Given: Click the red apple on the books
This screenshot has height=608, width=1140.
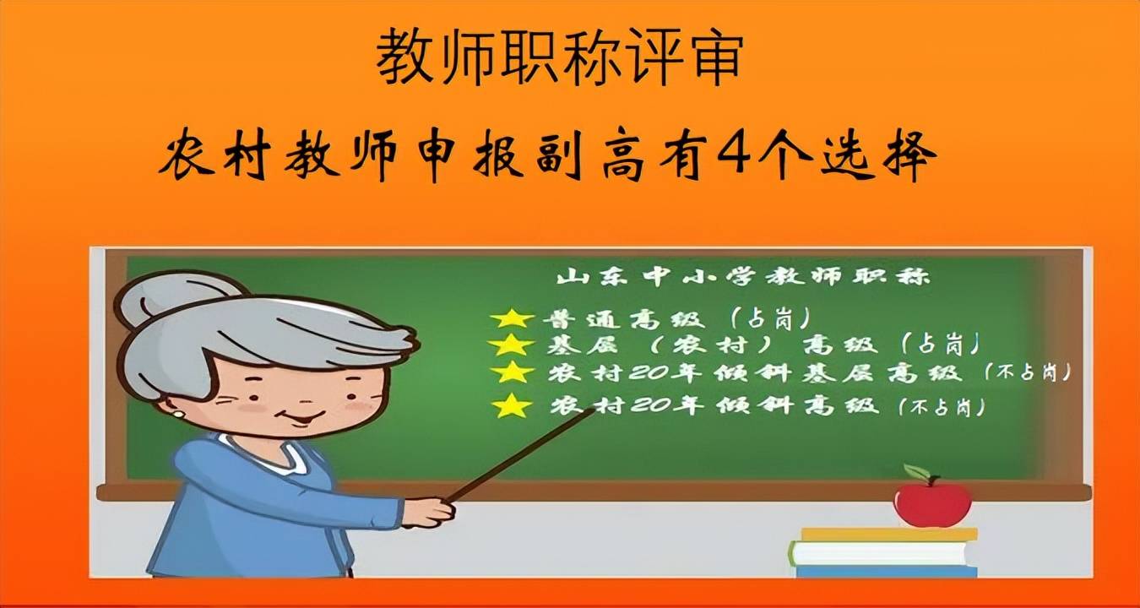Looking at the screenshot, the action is click(x=933, y=503).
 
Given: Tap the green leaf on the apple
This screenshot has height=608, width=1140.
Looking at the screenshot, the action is click(x=916, y=472).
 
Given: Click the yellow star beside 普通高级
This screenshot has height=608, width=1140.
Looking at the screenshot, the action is click(x=512, y=318).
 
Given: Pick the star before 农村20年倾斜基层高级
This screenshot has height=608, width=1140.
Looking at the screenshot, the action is click(x=513, y=372).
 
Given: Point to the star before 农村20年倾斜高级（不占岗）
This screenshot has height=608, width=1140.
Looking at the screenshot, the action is click(x=513, y=405).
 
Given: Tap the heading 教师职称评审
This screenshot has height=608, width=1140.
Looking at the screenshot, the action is click(x=559, y=57).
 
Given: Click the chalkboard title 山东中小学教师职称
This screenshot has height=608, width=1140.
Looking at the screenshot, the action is click(x=743, y=277).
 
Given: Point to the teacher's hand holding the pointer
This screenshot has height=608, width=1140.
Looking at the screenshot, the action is click(x=427, y=512).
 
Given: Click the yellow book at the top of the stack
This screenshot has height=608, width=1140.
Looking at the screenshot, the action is click(x=889, y=535).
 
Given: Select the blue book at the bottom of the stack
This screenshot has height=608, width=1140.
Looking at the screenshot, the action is click(x=887, y=571).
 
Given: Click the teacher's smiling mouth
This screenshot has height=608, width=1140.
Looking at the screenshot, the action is click(x=301, y=418).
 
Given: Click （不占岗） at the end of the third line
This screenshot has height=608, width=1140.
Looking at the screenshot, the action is click(x=1028, y=372).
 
